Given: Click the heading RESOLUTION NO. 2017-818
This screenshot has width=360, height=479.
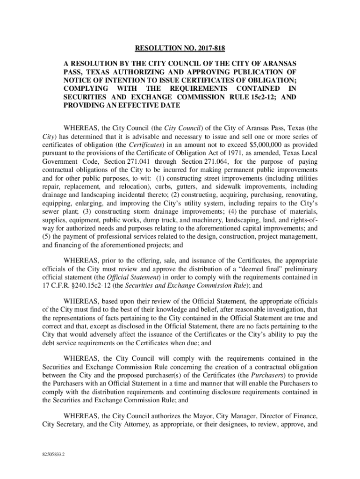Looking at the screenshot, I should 180,48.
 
